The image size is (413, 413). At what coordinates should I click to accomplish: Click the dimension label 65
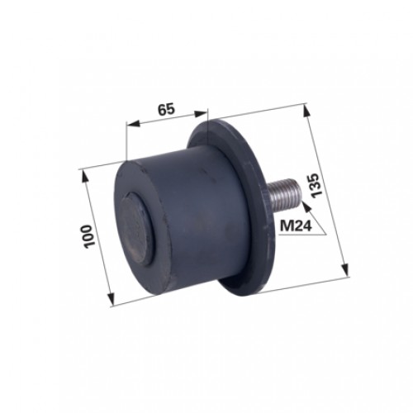(x=166, y=109)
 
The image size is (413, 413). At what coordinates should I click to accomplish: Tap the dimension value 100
(x=90, y=237)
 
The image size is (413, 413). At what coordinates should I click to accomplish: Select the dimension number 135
(x=316, y=185)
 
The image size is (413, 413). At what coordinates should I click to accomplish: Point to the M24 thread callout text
(x=296, y=226)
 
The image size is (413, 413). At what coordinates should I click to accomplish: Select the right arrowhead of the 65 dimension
(x=200, y=114)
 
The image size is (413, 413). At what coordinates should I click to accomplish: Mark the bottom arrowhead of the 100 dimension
(x=110, y=298)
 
